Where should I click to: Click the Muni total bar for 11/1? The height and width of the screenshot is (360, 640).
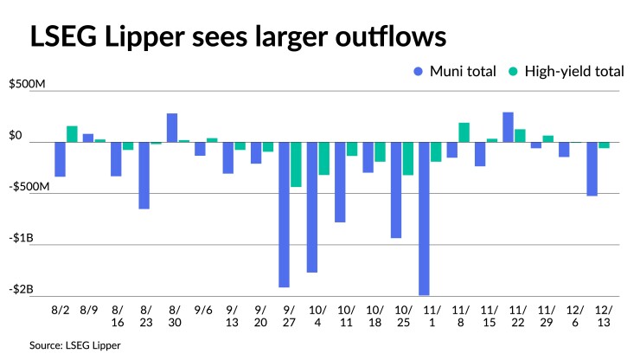tap(425, 219)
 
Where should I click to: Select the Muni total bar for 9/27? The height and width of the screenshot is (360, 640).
tap(285, 215)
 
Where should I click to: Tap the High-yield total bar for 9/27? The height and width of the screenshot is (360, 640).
tap(296, 164)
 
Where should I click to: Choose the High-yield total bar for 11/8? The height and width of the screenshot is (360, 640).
tap(464, 132)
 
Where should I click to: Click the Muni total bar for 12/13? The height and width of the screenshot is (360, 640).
tap(592, 169)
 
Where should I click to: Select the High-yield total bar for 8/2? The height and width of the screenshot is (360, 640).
tap(72, 134)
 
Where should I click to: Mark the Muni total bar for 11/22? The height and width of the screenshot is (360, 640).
tap(509, 127)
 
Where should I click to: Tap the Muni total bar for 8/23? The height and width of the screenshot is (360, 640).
tap(144, 176)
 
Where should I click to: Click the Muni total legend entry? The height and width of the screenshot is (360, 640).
tap(459, 72)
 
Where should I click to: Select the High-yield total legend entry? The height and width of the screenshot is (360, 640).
tap(568, 72)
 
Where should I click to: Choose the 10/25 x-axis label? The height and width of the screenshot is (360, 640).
tap(402, 316)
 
